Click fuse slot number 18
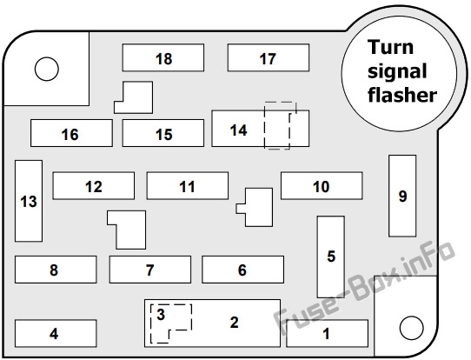(163, 57)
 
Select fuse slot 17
(269, 57)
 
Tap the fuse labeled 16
(71, 133)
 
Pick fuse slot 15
(163, 133)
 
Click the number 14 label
(238, 130)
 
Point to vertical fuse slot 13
(29, 201)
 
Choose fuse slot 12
(94, 186)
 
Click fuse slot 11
(188, 186)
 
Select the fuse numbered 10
(322, 186)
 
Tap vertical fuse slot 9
(402, 196)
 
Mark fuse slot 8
(56, 270)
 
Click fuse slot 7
(150, 270)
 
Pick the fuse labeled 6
(242, 270)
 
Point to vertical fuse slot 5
(331, 257)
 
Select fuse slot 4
(56, 334)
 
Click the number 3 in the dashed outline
(161, 314)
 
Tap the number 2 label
(235, 323)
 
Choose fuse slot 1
(327, 334)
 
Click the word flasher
(402, 95)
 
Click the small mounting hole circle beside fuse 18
(47, 69)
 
